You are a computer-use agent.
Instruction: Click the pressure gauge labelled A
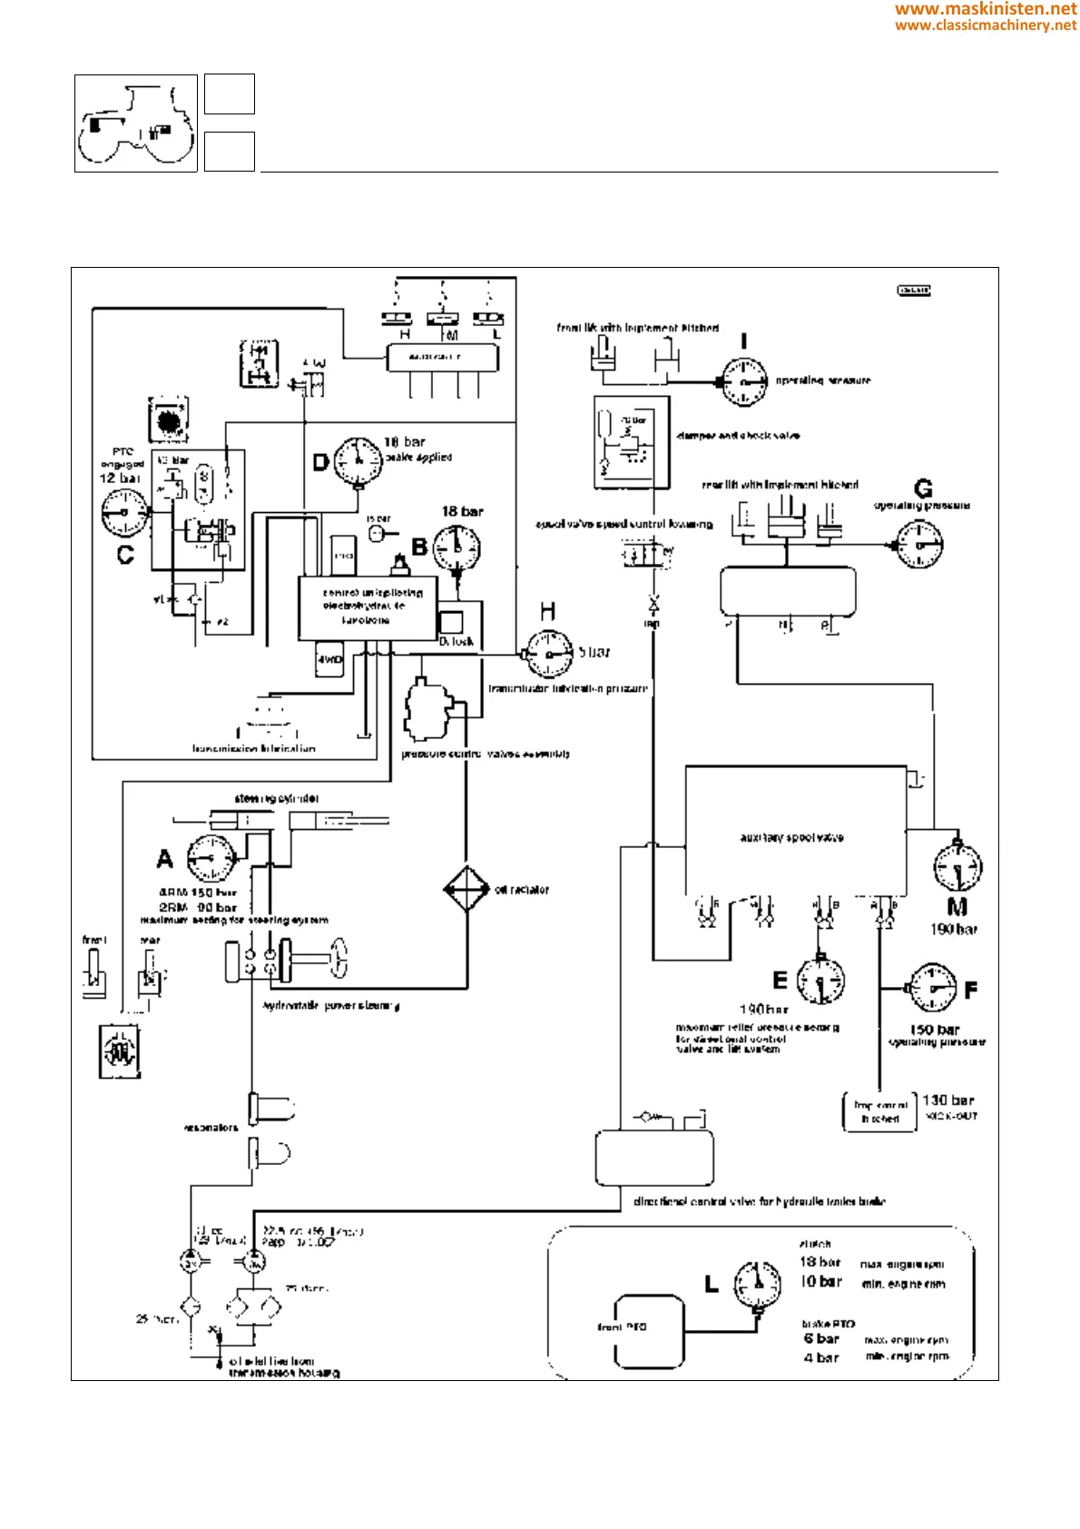[x=211, y=857]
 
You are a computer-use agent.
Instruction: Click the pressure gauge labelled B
[x=457, y=547]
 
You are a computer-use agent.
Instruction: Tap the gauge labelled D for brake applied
[x=358, y=460]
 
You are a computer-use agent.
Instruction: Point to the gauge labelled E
[x=820, y=981]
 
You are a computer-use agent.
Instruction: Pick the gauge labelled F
[x=932, y=988]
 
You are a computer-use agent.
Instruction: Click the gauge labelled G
[x=919, y=545]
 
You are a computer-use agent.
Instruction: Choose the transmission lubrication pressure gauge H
[x=549, y=655]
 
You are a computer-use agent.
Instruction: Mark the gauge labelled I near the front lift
[x=744, y=382]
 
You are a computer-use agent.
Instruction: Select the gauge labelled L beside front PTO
[x=758, y=1283]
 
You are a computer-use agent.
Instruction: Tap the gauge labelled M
[x=957, y=866]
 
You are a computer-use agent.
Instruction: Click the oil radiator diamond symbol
[x=466, y=890]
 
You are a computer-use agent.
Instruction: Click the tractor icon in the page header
[x=136, y=124]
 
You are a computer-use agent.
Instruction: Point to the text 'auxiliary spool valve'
[x=791, y=837]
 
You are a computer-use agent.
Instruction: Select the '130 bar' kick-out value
[x=947, y=1100]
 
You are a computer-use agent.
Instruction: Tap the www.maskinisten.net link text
[x=986, y=9]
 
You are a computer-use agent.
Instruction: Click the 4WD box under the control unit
[x=329, y=658]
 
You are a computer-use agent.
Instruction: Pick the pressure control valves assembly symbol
[x=427, y=709]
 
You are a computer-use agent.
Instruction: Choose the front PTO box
[x=649, y=1331]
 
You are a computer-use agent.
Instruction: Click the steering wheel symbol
[x=338, y=959]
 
